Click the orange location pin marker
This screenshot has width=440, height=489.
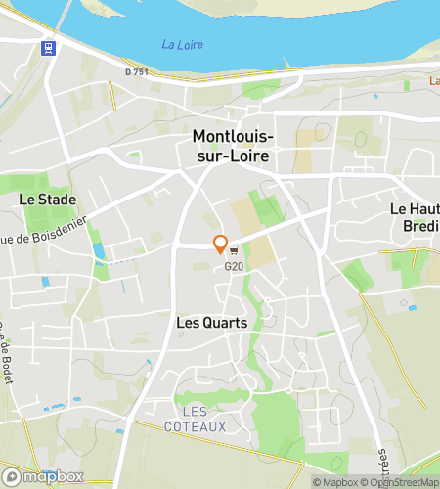click(220, 244)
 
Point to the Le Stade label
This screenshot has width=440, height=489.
click(41, 199)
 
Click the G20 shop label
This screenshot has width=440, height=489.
click(234, 266)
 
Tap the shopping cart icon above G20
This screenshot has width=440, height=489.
click(235, 252)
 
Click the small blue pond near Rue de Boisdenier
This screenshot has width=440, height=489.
click(98, 251)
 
